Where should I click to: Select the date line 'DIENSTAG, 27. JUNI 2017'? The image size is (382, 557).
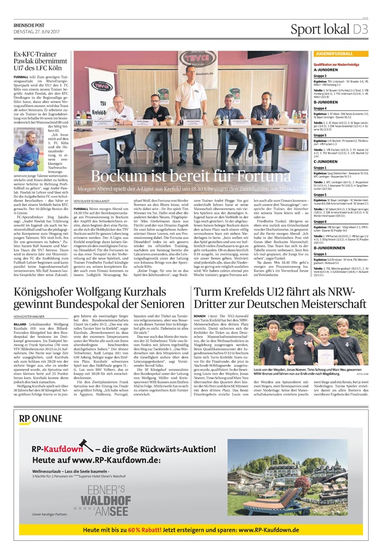click(x=36, y=31)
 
